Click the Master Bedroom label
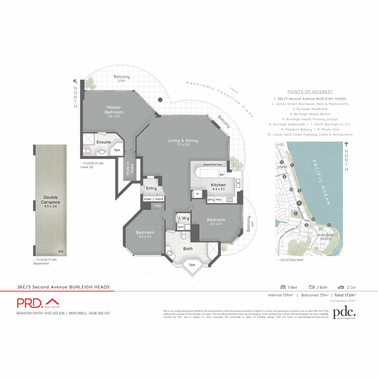pos(114,110)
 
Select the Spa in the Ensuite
pos(117,150)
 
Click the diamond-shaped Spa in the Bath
pos(192,265)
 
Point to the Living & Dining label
pos(183,140)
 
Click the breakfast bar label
pos(213,164)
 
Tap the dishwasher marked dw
pos(221,175)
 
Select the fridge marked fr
pos(198,194)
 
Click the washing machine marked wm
pos(181,227)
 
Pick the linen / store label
pos(154,199)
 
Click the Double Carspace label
pos(50,200)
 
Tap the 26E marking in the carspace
pos(61,251)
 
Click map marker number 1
pos(299,203)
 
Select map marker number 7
pos(292,165)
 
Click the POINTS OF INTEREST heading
pos(310,92)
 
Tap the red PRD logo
pos(29,303)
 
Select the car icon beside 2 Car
pos(341,287)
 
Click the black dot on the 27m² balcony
pos(160,100)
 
